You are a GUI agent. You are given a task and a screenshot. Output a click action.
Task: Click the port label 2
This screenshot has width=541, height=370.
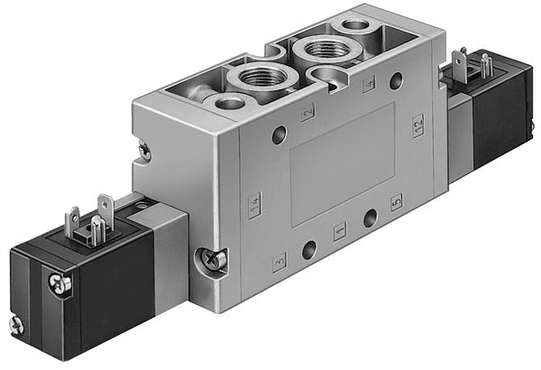308,112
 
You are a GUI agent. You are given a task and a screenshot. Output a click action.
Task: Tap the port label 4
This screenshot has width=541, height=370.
367,86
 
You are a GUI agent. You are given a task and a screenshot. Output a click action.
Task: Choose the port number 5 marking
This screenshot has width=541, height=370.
395,203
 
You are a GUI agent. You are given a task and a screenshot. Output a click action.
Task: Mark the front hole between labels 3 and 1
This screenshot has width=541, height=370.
309,247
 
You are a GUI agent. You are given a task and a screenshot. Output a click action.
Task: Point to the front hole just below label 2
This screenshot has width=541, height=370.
280,136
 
